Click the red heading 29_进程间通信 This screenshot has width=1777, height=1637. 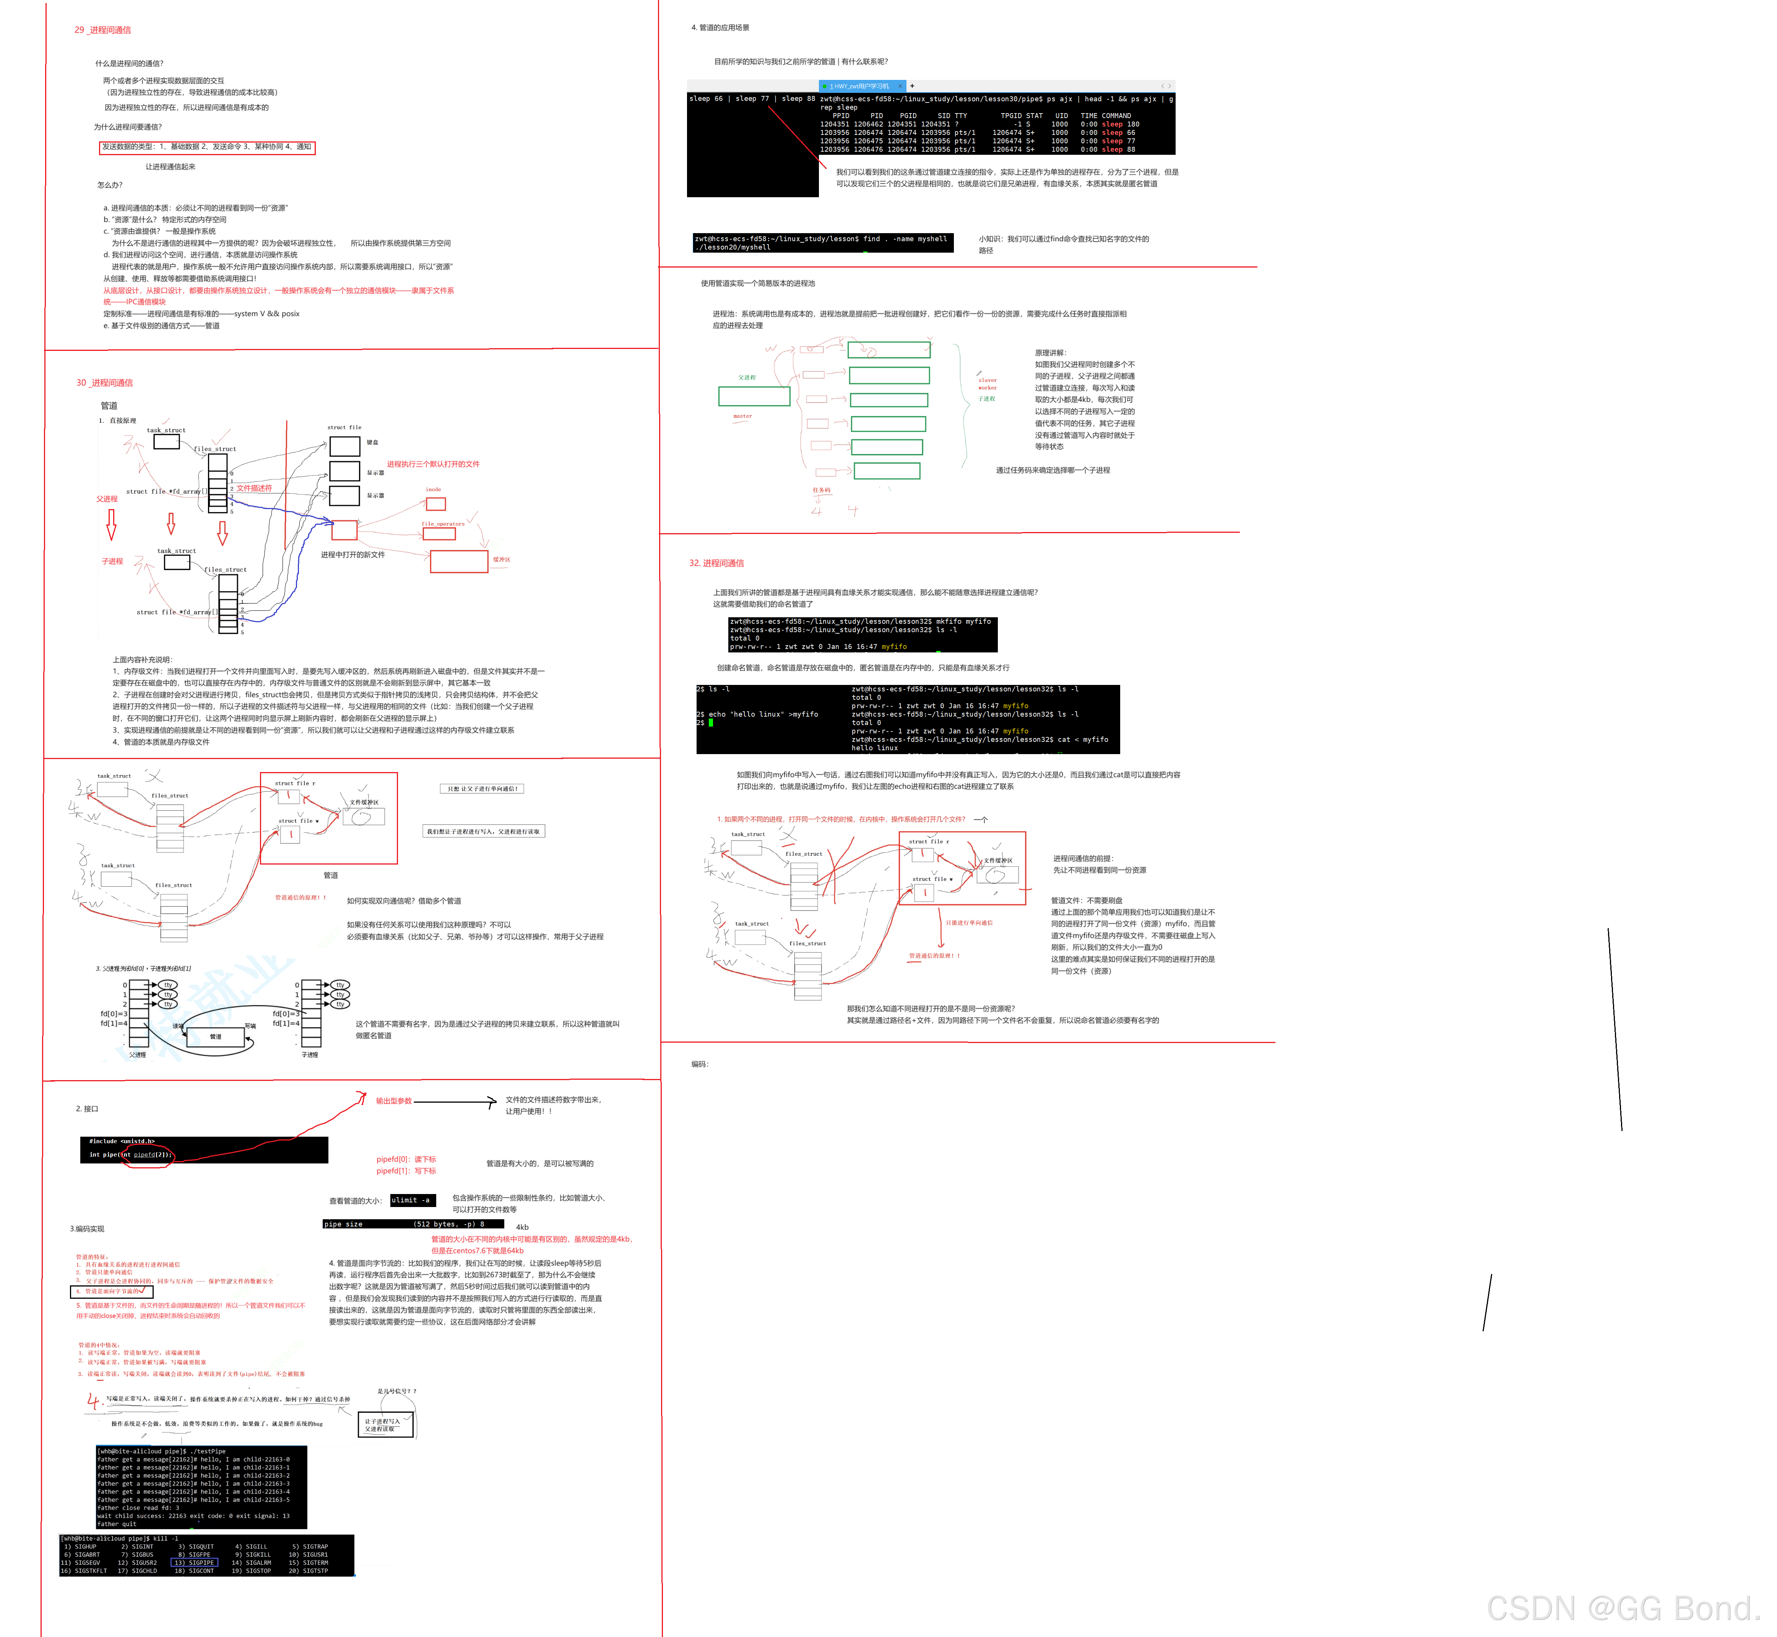(x=103, y=30)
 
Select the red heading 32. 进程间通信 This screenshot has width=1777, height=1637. (x=716, y=563)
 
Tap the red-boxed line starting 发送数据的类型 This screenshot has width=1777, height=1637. (x=206, y=147)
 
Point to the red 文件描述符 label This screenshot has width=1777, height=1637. (x=254, y=488)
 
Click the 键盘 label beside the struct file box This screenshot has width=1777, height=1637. (x=373, y=442)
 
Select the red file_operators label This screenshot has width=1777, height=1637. (x=443, y=524)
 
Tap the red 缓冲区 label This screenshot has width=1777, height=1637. (x=501, y=560)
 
